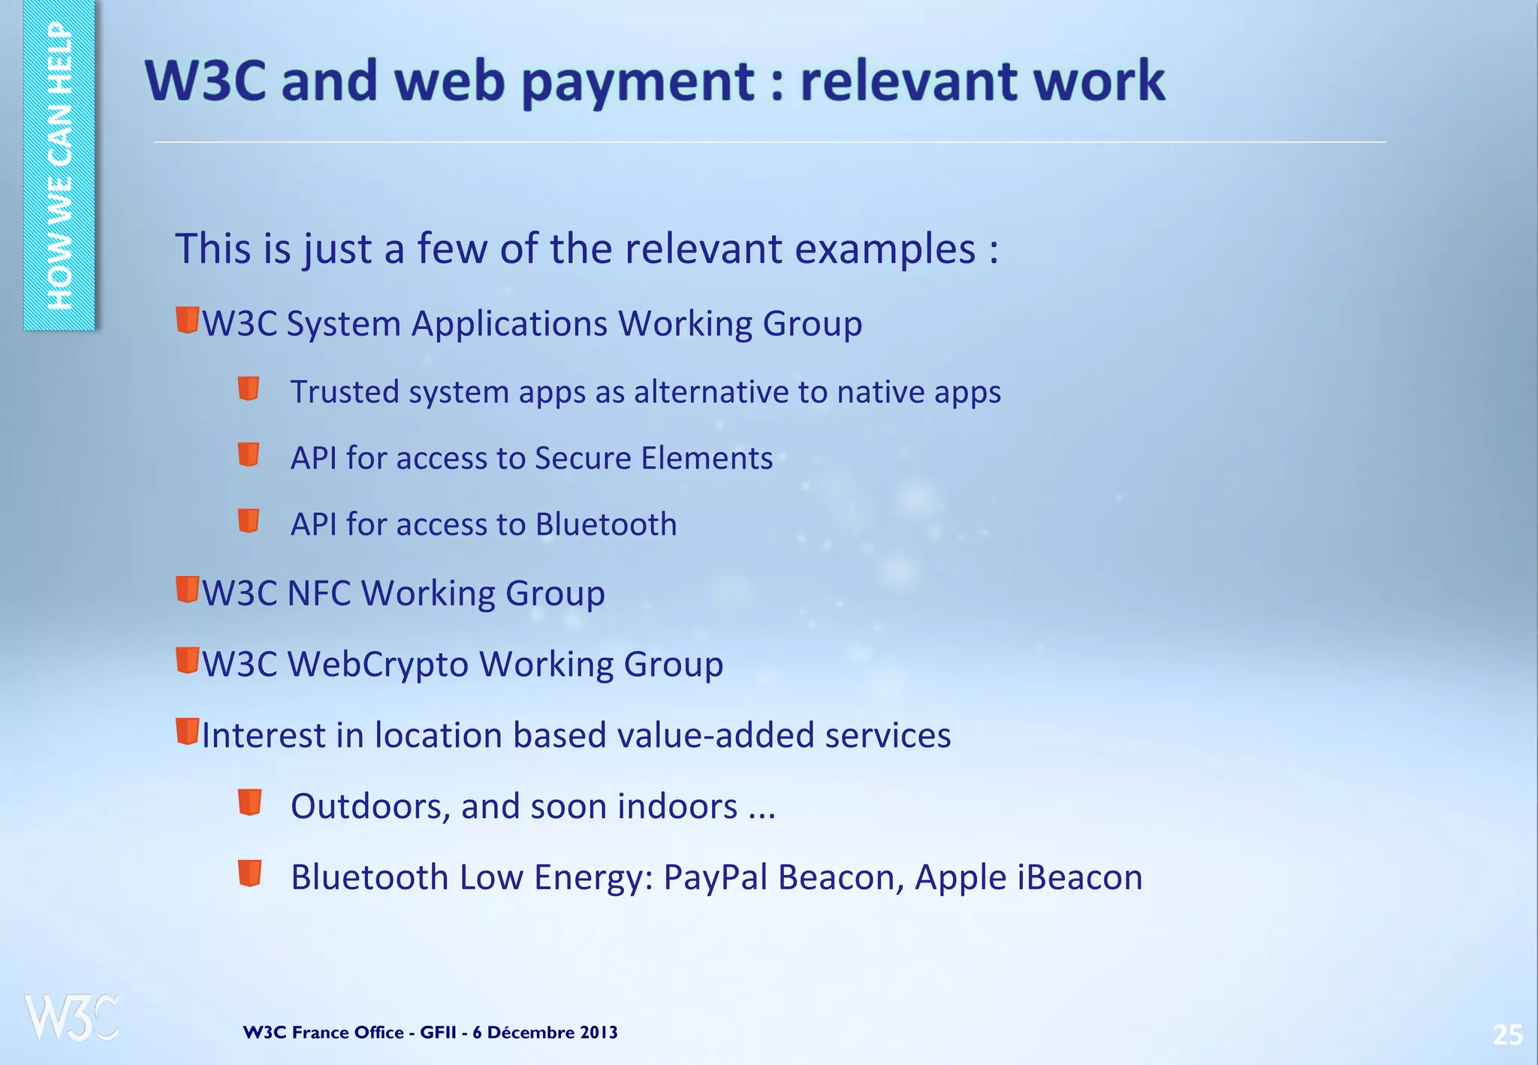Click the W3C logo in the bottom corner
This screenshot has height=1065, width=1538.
coord(71,1018)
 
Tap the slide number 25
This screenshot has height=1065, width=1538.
coord(1507,1035)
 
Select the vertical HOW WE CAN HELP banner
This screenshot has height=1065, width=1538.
coord(59,165)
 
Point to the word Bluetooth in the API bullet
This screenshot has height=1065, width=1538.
coord(606,524)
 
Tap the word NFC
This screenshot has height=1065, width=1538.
coord(319,593)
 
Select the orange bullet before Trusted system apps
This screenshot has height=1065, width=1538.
coord(249,389)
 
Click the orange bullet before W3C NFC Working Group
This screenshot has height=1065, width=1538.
coord(187,590)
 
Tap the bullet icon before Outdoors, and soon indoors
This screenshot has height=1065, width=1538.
coord(249,802)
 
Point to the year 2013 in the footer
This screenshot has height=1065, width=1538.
coord(599,1033)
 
